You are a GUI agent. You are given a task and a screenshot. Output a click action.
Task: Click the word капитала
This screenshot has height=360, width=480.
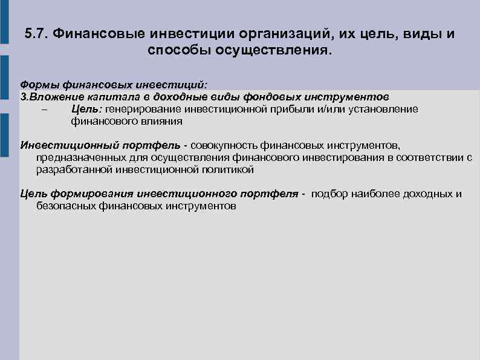[x=93, y=97]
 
